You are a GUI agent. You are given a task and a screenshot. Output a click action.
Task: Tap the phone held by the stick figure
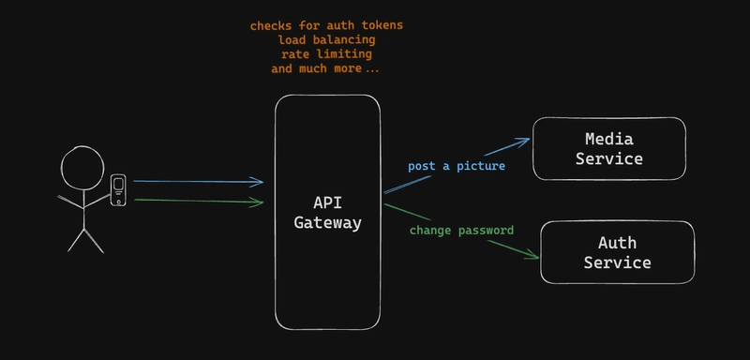tap(119, 190)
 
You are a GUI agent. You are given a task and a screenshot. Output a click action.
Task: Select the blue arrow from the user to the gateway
tap(197, 182)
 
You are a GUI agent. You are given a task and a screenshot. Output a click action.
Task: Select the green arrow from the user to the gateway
tap(197, 201)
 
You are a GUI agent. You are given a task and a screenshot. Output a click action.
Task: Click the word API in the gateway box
tap(327, 203)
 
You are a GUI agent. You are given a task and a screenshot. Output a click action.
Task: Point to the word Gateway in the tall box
tap(327, 223)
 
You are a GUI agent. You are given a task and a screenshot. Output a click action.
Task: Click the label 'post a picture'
tap(457, 166)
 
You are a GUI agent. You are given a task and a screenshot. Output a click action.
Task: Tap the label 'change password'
tap(461, 230)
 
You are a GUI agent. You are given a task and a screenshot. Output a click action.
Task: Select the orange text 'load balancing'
tap(327, 40)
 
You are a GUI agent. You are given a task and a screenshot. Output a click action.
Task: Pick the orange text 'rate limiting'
tap(327, 54)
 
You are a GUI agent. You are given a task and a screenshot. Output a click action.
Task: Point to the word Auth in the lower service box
tap(617, 244)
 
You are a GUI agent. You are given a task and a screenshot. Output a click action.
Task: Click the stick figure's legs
tap(84, 239)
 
